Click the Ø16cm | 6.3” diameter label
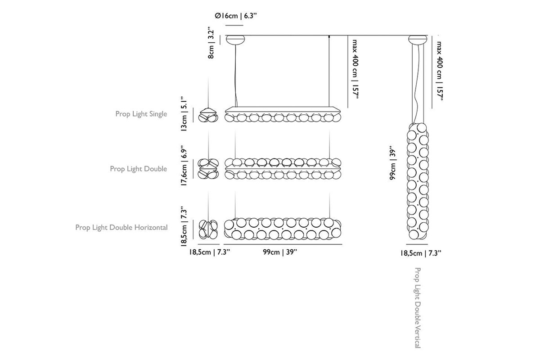click(x=236, y=16)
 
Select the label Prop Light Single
click(x=141, y=114)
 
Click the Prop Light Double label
click(x=139, y=169)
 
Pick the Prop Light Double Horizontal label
click(x=121, y=227)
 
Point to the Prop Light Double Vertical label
click(x=418, y=308)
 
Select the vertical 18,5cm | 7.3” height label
click(x=184, y=226)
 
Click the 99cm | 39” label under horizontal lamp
click(x=280, y=252)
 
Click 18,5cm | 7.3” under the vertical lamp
click(x=421, y=253)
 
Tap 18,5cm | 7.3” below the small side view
click(x=209, y=252)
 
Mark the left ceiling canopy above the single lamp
click(x=235, y=40)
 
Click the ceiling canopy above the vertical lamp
click(x=418, y=40)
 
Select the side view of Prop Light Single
click(x=208, y=115)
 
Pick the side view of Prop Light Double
click(x=208, y=169)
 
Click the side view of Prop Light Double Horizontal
click(x=208, y=229)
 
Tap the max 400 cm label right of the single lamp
click(x=355, y=69)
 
